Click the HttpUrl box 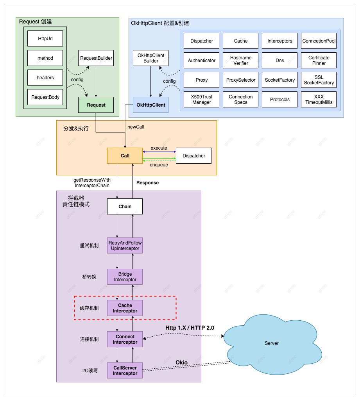click(45, 39)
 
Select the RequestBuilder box click(96, 58)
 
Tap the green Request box click(96, 105)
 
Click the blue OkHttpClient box click(150, 105)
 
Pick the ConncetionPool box click(319, 41)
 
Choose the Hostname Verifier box click(241, 61)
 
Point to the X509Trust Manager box click(201, 100)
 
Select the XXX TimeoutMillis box click(319, 100)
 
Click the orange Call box click(125, 155)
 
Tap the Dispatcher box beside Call click(193, 155)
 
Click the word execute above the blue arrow click(159, 148)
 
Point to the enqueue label click(159, 165)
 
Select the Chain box click(125, 206)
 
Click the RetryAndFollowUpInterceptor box click(125, 245)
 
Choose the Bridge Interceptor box click(125, 277)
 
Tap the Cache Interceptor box click(125, 308)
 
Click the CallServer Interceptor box click(125, 370)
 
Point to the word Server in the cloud click(272, 343)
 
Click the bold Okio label click(181, 362)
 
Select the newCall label click(136, 127)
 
